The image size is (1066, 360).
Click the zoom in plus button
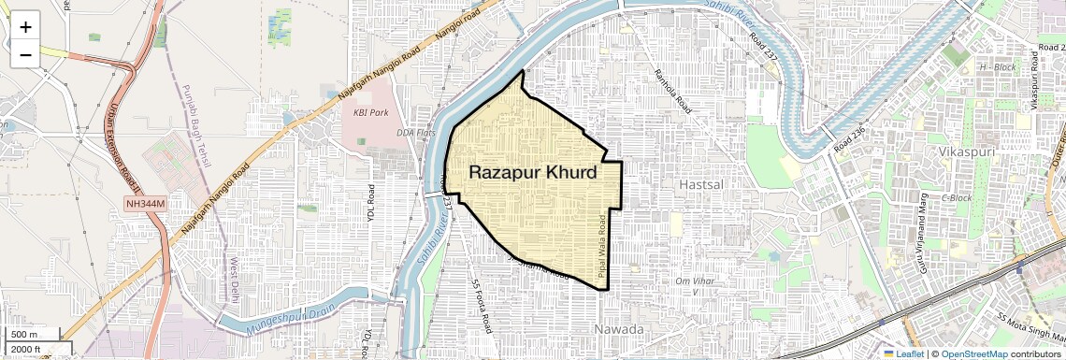click(25, 26)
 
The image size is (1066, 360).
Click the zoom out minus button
click(25, 54)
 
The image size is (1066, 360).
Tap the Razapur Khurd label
click(532, 172)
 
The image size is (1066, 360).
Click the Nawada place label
click(619, 330)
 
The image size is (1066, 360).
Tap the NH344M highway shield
click(144, 204)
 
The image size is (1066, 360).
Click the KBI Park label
click(370, 113)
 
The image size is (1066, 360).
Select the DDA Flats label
click(416, 133)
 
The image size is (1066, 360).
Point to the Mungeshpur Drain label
click(289, 321)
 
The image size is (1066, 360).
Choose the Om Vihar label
click(694, 281)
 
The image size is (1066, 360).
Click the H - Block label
click(997, 67)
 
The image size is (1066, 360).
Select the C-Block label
click(957, 197)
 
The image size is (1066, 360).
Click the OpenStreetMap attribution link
click(974, 354)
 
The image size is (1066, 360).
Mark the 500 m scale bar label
click(25, 335)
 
